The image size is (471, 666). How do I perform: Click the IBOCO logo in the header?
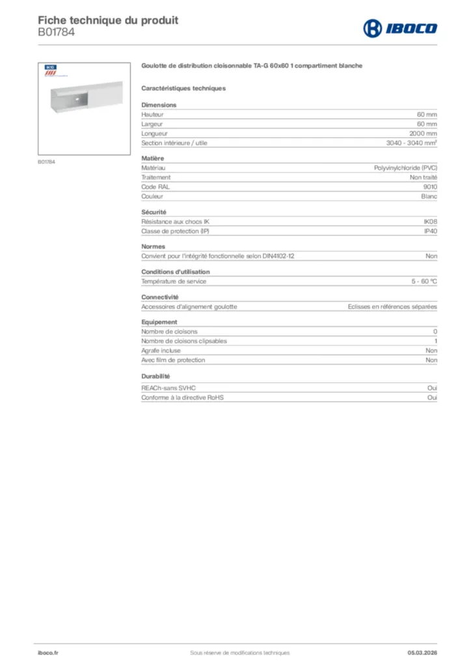click(x=399, y=28)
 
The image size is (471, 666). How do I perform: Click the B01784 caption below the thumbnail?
click(x=46, y=161)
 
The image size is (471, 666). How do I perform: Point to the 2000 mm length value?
click(x=423, y=133)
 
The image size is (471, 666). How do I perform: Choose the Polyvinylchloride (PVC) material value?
click(x=405, y=168)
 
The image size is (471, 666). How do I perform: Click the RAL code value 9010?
click(x=430, y=187)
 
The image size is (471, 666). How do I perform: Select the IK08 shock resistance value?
click(x=431, y=221)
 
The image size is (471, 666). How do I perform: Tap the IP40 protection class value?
click(x=431, y=231)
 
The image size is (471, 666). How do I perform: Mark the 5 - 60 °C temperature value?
click(x=424, y=282)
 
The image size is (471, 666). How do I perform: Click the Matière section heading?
click(x=153, y=158)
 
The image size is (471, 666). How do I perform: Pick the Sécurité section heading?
click(x=154, y=212)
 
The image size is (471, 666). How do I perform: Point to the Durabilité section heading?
click(x=155, y=376)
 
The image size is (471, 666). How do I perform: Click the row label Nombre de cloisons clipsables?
click(x=184, y=341)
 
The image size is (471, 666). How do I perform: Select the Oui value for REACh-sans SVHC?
click(x=432, y=388)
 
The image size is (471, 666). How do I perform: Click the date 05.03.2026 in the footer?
click(x=422, y=652)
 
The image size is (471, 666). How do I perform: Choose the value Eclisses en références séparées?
click(x=392, y=306)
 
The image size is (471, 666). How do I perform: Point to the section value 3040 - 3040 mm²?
click(x=411, y=143)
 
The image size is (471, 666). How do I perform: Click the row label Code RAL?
click(x=155, y=187)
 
